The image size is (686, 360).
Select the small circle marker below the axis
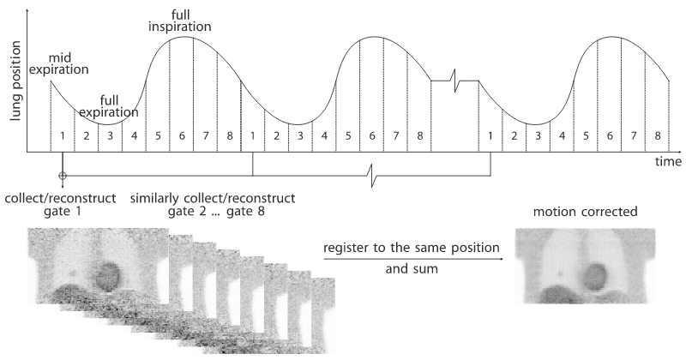pyautogui.click(x=62, y=176)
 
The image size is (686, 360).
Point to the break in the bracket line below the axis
pyautogui.click(x=370, y=176)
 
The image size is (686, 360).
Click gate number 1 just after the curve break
pyautogui.click(x=490, y=135)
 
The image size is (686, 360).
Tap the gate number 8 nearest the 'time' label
pyautogui.click(x=657, y=135)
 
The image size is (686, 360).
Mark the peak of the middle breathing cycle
pyautogui.click(x=372, y=38)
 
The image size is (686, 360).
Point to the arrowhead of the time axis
pyautogui.click(x=677, y=150)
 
